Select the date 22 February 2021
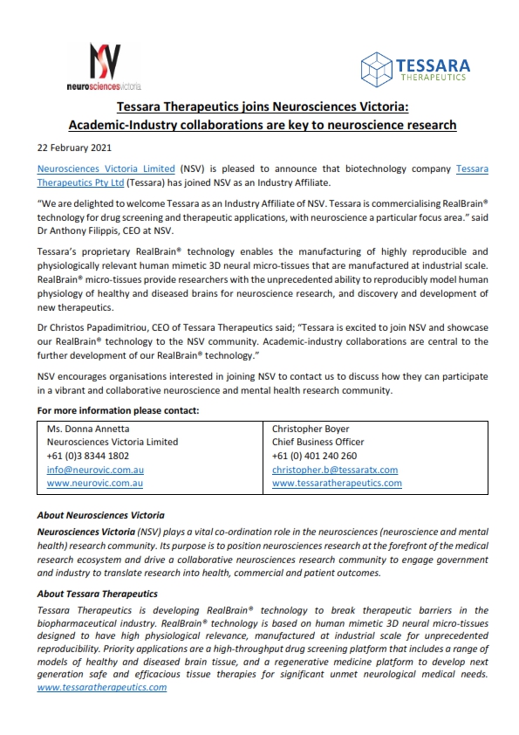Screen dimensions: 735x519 point(74,147)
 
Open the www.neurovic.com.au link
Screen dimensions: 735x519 point(94,482)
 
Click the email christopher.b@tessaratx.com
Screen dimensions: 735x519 point(334,469)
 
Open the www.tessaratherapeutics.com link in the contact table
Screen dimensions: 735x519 point(337,482)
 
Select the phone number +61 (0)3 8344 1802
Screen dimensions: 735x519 point(88,456)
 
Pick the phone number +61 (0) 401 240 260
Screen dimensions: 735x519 point(314,456)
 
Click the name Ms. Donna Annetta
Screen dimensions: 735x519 point(87,429)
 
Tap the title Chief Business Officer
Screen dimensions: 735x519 point(318,442)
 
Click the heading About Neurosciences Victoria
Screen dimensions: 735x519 point(100,515)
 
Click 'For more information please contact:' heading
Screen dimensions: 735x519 point(119,410)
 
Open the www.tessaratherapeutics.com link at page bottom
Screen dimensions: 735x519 point(102,688)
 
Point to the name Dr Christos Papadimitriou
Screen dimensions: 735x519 point(94,329)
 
